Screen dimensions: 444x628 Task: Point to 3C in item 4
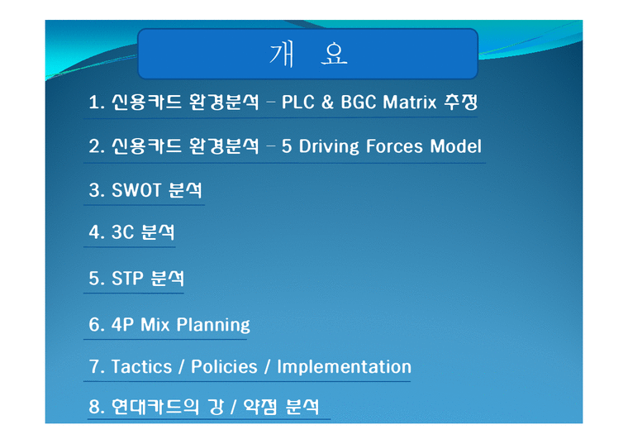pos(122,233)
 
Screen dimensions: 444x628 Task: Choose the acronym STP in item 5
pos(127,279)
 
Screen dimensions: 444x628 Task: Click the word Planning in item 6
pos(212,324)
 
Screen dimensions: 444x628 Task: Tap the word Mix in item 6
pos(155,324)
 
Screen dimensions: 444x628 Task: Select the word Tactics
pos(141,366)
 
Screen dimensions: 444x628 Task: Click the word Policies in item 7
pos(224,366)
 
